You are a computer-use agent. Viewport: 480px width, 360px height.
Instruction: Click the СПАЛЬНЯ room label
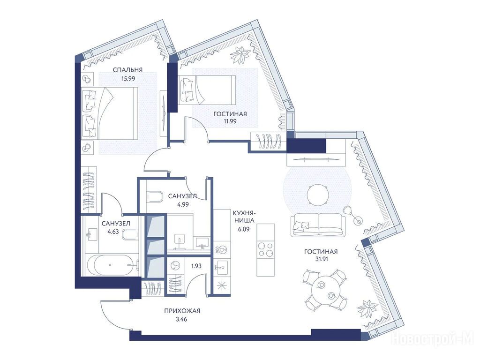pyautogui.click(x=127, y=70)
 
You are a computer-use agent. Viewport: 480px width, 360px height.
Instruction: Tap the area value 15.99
pyautogui.click(x=128, y=78)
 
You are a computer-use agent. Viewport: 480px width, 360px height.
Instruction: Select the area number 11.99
pyautogui.click(x=230, y=121)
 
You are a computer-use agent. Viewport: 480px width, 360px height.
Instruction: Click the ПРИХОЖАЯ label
pyautogui.click(x=182, y=311)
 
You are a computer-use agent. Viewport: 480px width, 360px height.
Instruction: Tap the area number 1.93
pyautogui.click(x=196, y=266)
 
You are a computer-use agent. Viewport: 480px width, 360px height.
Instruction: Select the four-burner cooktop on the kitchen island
pyautogui.click(x=265, y=249)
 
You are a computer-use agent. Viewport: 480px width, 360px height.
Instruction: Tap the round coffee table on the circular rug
pyautogui.click(x=318, y=195)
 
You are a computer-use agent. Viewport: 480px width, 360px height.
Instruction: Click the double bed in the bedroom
pyautogui.click(x=109, y=112)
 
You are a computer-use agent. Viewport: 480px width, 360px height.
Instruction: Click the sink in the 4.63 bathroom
pyautogui.click(x=90, y=235)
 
